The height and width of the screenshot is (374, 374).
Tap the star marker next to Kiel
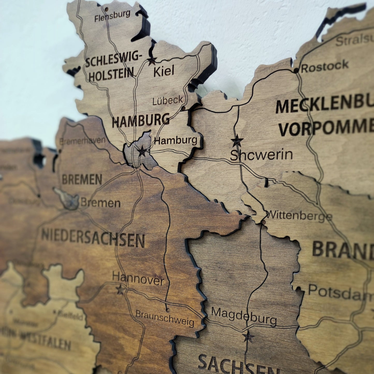click(x=152, y=61)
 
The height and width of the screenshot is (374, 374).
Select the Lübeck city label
click(x=168, y=100)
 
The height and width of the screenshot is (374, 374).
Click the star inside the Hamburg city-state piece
click(x=142, y=151)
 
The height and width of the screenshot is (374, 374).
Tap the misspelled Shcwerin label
click(x=261, y=155)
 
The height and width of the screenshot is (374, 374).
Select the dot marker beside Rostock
click(x=296, y=70)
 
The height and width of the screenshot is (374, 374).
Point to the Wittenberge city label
click(x=299, y=216)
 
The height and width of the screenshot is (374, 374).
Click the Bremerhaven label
click(x=83, y=141)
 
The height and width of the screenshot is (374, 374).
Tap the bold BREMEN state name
click(x=82, y=179)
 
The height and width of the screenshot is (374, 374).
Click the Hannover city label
click(x=138, y=279)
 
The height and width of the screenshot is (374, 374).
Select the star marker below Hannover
click(x=120, y=290)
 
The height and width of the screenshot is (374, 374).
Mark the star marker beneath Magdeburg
click(x=248, y=336)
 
